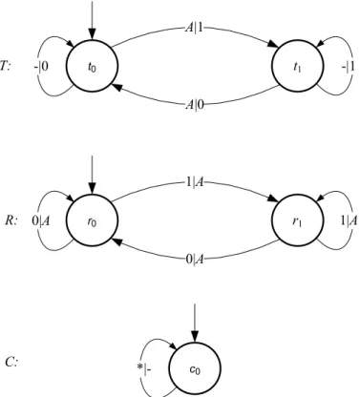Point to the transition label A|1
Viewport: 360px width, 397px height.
194,29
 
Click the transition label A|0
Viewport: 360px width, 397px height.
195,105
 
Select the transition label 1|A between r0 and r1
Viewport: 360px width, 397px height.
195,182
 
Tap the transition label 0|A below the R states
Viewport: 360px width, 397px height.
195,260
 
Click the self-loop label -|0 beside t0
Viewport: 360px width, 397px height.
41,67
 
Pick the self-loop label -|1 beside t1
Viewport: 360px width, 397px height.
349,67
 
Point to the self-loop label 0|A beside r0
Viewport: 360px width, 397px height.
41,220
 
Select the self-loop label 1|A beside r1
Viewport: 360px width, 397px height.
349,220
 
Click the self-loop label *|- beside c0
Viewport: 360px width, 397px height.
144,369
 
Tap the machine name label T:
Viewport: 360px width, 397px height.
6,67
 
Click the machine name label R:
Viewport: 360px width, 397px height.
11,220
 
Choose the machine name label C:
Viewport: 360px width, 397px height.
11,363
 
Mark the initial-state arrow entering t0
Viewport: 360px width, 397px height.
92,20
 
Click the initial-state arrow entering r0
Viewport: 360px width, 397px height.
92,175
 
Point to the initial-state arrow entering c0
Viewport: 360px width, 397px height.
195,323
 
